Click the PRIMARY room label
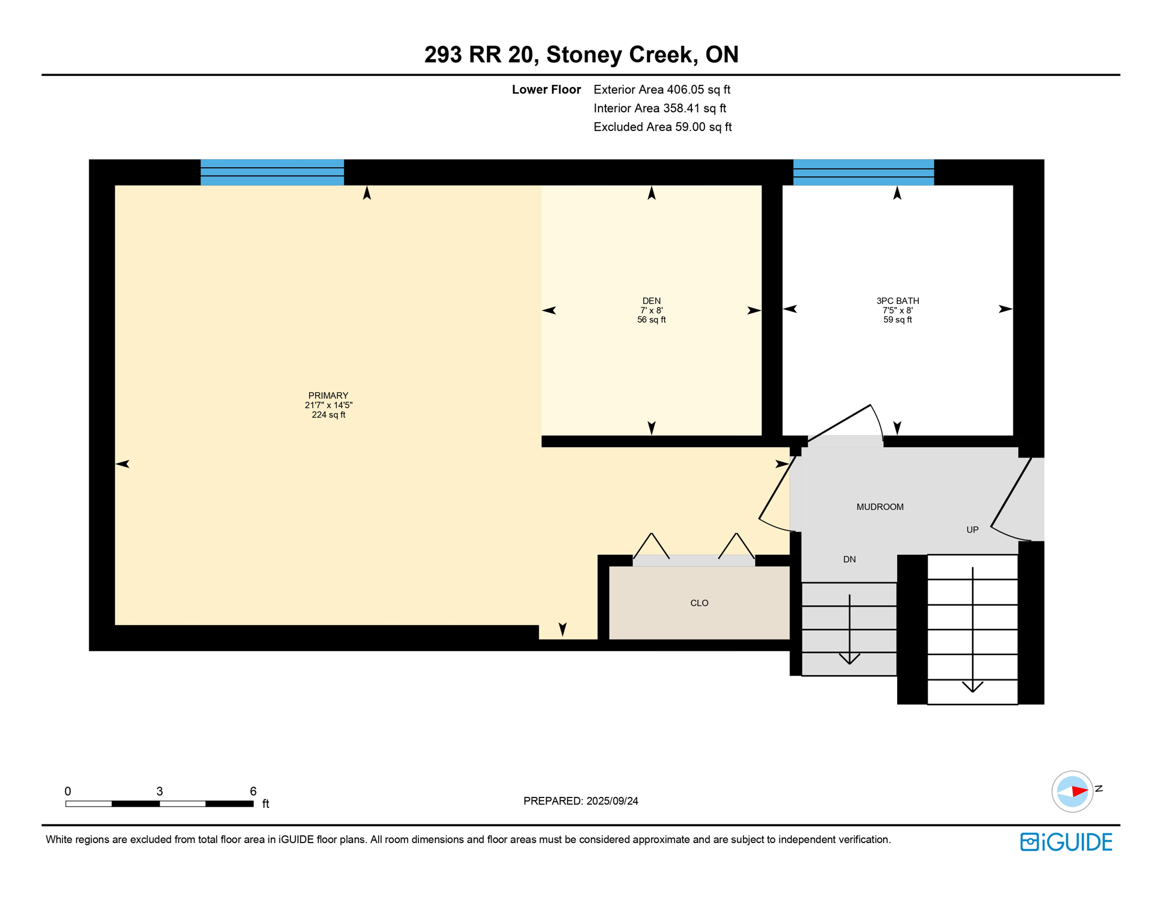pos(328,396)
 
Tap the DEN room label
pos(651,301)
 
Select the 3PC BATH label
pos(897,301)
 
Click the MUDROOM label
pos(880,507)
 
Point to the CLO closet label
pos(699,603)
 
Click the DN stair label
pos(849,559)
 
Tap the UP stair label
pos(972,530)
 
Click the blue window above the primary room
pos(272,172)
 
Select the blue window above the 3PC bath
pos(863,172)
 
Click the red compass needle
pos(1079,792)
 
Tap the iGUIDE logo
pos(1066,842)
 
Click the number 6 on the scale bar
pos(253,791)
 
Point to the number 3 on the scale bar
pos(160,791)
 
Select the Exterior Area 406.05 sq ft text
pos(662,89)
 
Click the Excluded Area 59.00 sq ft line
pos(662,127)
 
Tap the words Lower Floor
pos(546,89)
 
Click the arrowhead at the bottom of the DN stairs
pos(849,659)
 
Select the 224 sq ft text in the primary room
pos(328,415)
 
